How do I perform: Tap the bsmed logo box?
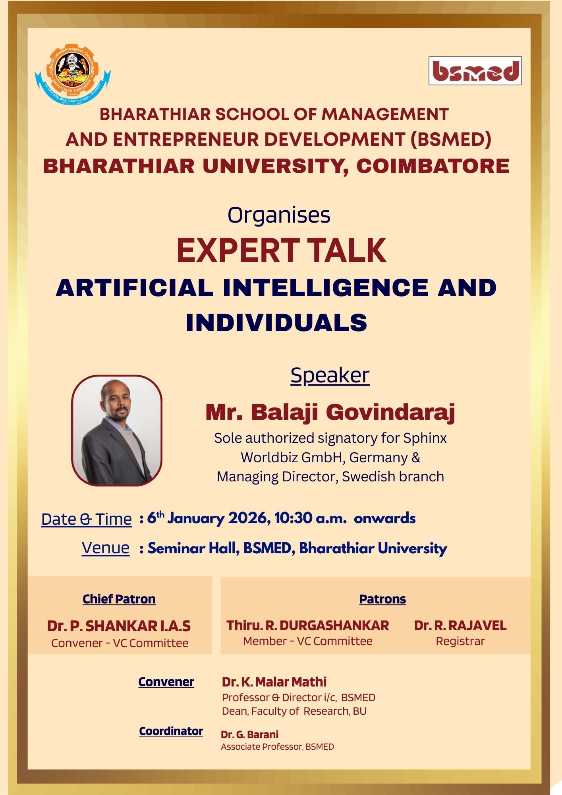(x=475, y=71)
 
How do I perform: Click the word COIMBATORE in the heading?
(x=433, y=166)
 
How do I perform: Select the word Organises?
(x=279, y=215)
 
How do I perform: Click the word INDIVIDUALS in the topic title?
(x=276, y=322)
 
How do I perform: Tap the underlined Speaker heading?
(x=330, y=375)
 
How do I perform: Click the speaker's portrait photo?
(x=117, y=430)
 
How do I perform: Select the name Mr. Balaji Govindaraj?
(x=330, y=412)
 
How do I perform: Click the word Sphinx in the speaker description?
(x=425, y=438)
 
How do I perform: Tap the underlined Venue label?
(x=106, y=548)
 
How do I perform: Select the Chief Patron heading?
(x=119, y=599)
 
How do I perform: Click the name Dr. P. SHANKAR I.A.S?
(x=119, y=626)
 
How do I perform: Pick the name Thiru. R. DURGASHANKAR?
(x=308, y=625)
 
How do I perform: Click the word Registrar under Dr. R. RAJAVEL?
(x=460, y=641)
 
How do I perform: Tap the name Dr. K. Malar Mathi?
(x=274, y=682)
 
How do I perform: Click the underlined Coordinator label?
(x=171, y=731)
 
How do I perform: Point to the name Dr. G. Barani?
(x=249, y=734)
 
